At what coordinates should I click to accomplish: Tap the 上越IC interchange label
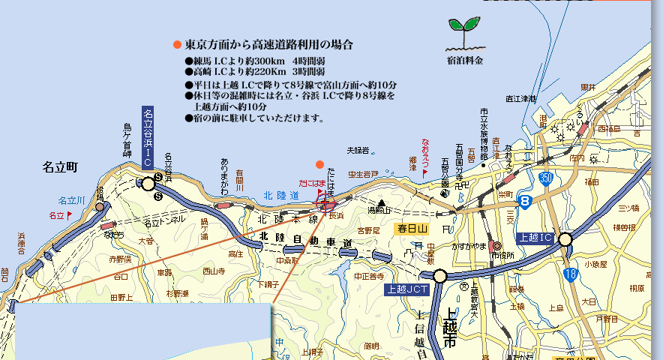click(x=535, y=238)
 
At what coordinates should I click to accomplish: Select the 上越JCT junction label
click(x=406, y=289)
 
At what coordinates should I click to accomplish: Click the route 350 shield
click(x=546, y=178)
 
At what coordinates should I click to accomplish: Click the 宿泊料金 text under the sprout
click(x=465, y=59)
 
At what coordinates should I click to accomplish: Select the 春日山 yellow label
click(x=412, y=228)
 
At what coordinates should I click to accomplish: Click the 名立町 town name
click(x=61, y=166)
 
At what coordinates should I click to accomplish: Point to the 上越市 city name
click(x=449, y=328)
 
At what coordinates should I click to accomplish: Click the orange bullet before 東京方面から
click(x=177, y=45)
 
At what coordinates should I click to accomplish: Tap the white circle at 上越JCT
click(x=439, y=276)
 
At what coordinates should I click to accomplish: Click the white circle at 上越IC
click(x=565, y=238)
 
